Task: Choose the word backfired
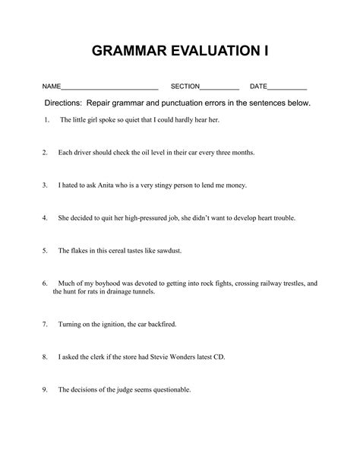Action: [x=160, y=324]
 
